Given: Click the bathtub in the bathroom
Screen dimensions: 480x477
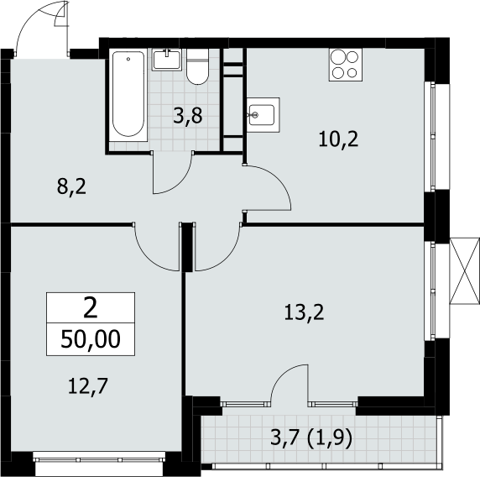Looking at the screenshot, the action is [128, 95].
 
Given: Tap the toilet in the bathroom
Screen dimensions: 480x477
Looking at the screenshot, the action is [197, 67].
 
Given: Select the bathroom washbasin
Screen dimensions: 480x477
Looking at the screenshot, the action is [167, 60].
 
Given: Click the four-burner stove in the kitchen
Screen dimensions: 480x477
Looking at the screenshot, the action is [346, 65].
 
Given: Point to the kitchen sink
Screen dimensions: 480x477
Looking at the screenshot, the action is [263, 115].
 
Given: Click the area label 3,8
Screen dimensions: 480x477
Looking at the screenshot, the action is [188, 116].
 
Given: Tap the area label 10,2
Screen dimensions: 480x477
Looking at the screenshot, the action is [338, 139].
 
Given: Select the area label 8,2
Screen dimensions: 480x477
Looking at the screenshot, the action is [71, 186].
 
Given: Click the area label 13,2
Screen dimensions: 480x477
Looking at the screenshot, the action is [304, 312].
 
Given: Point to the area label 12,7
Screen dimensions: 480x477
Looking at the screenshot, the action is [88, 385].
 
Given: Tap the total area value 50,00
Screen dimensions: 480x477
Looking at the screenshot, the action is [91, 339].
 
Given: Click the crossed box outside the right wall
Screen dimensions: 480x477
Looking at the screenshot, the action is [464, 270].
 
